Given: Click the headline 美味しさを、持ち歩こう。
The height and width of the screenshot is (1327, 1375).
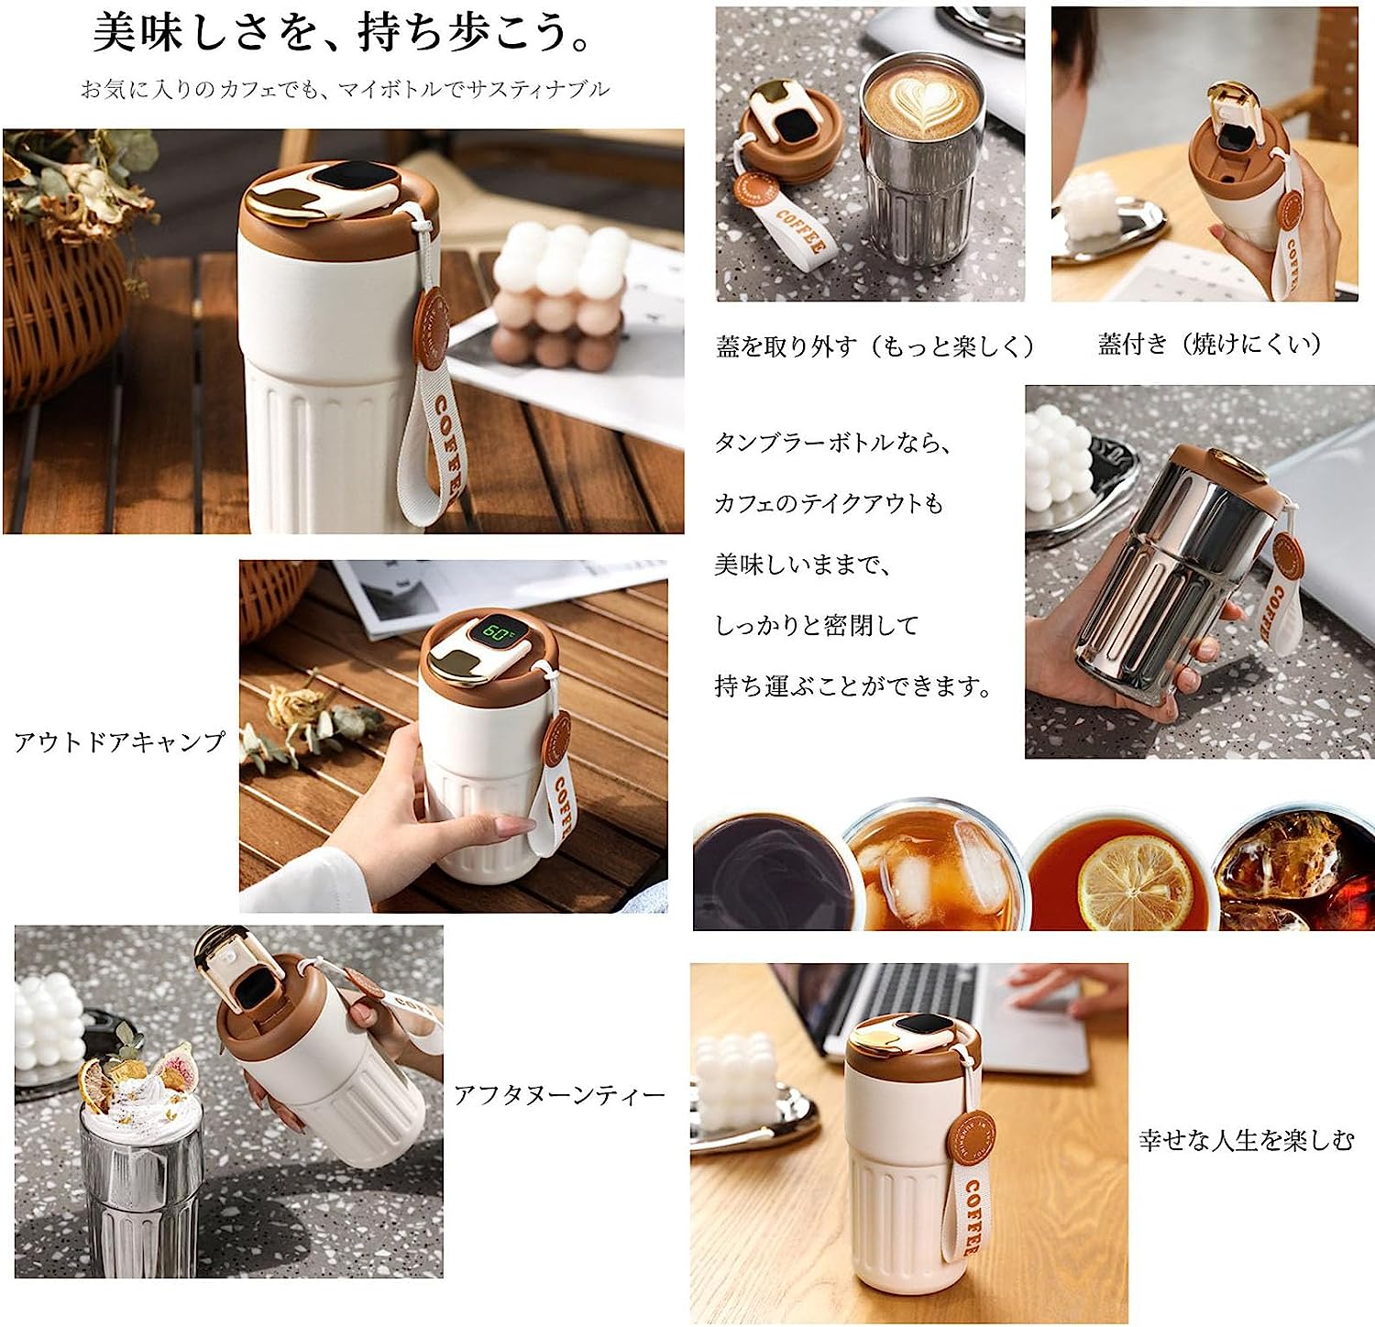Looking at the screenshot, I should pos(345,34).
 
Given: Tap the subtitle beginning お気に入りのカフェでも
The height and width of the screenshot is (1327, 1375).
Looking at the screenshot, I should pos(345,90).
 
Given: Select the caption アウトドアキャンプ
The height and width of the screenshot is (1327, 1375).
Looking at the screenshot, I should pos(119,742).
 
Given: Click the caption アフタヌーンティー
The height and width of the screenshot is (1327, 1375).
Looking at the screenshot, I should pos(559,1095).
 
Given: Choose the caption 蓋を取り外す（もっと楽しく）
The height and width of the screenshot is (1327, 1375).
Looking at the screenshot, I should pos(875,346).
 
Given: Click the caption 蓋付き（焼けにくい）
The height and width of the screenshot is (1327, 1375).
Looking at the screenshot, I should pos(1210,344).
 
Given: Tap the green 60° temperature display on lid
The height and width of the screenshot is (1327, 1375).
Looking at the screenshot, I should pos(499,633).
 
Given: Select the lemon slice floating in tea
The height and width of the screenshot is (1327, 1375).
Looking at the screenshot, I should pos(1135,886).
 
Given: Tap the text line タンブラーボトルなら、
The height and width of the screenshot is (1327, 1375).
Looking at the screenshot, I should pos(832,443).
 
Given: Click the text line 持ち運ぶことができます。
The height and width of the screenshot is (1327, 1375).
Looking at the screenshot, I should pos(852,686).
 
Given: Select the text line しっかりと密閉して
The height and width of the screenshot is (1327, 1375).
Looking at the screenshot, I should pos(816,626).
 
